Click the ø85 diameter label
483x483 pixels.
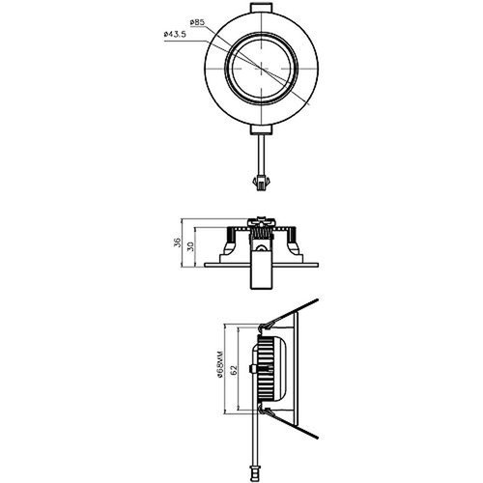pyautogui.click(x=198, y=21)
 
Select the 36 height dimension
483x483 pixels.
pyautogui.click(x=178, y=243)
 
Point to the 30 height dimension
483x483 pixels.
pyautogui.click(x=191, y=246)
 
